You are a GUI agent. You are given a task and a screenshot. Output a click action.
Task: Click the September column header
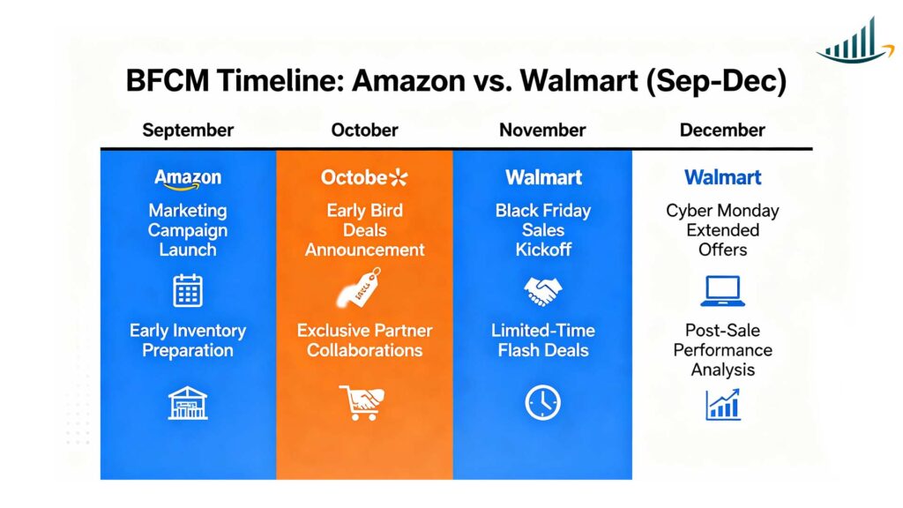188,131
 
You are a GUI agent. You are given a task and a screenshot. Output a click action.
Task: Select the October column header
364,131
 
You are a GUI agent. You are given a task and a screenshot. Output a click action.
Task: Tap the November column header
542,131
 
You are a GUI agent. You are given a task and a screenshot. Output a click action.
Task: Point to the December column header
722,131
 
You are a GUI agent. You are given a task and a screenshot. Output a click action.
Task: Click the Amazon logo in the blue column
188,178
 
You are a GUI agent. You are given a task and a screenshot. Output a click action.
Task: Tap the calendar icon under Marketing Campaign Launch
188,290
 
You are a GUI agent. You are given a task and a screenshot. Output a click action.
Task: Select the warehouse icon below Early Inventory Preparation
188,402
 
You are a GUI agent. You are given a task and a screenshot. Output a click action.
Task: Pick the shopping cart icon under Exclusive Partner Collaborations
362,402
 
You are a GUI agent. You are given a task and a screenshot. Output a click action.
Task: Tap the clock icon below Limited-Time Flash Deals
542,402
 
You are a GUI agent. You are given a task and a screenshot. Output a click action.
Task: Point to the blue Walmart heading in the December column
723,177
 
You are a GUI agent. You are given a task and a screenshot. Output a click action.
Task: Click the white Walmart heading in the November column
543,177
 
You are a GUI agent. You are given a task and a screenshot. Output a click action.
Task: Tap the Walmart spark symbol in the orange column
399,177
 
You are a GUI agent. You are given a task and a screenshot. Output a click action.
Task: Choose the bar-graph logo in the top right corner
850,41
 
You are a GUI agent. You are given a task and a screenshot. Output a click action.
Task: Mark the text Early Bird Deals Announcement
364,230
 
